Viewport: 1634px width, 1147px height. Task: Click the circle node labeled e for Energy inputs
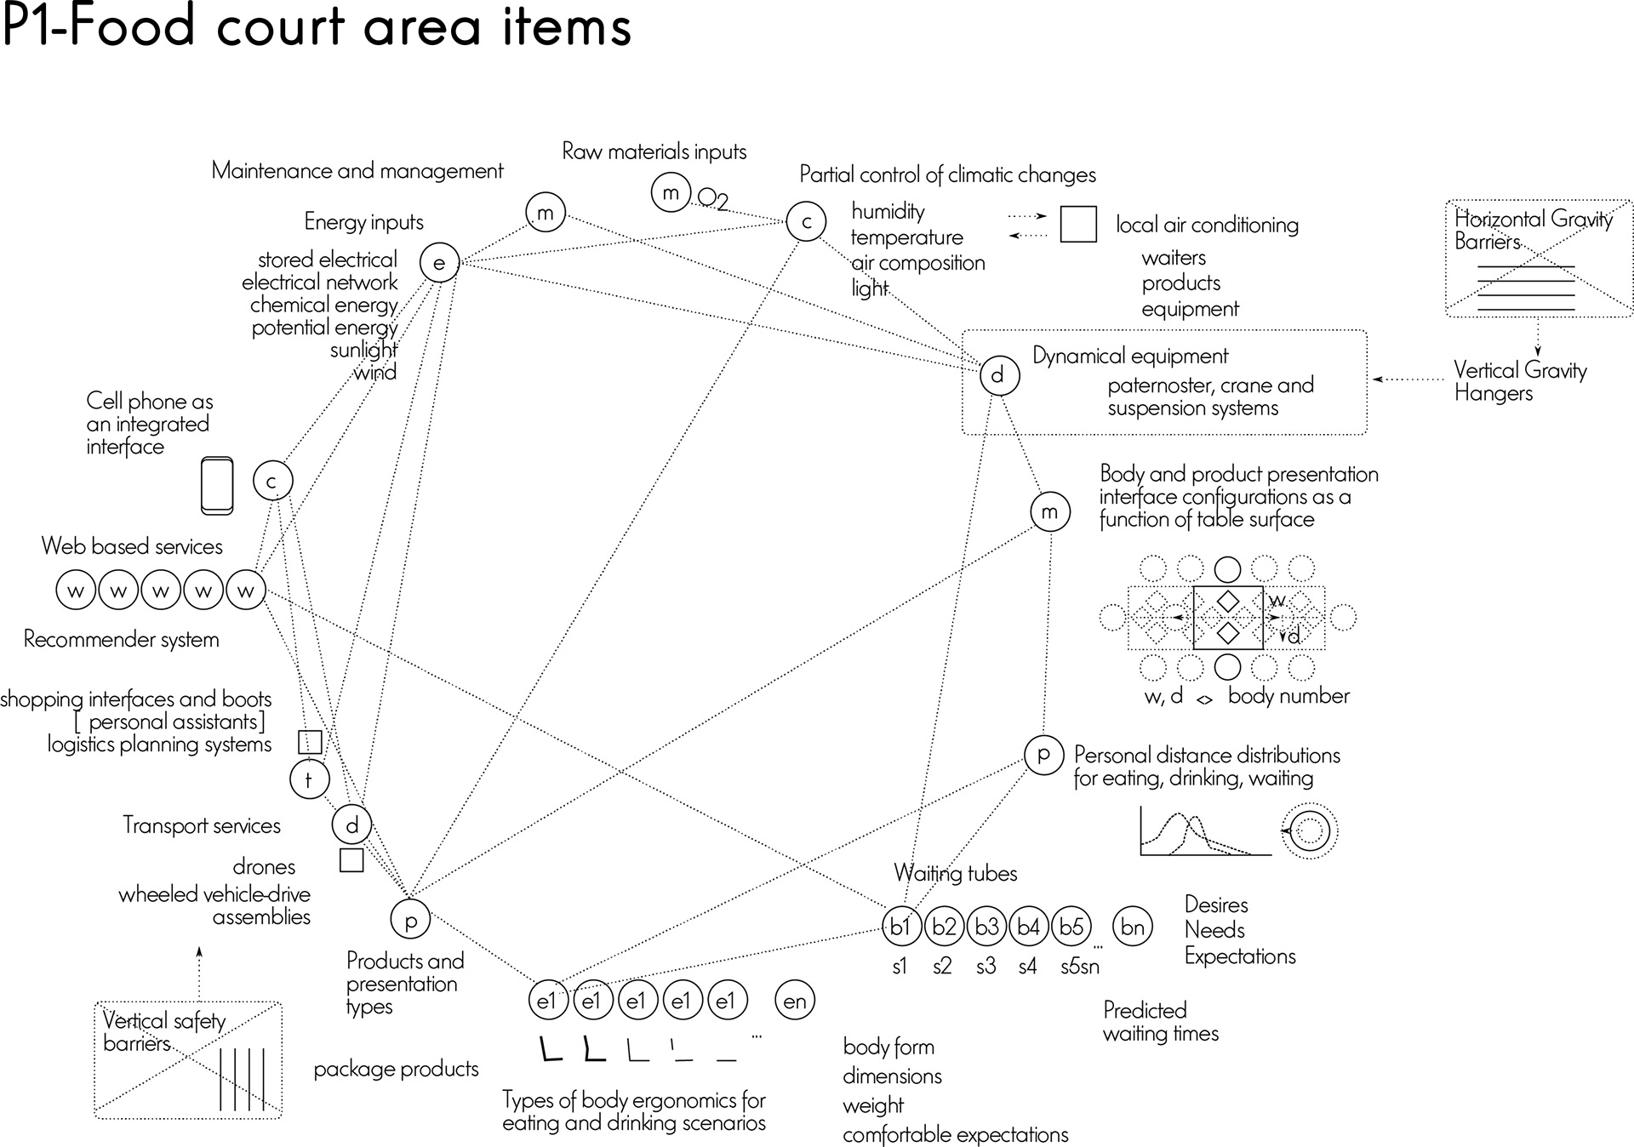pos(439,263)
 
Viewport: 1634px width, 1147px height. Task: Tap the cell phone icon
pos(217,486)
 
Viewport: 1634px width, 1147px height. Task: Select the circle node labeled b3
pos(986,926)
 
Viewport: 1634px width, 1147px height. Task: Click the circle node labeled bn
pos(1132,926)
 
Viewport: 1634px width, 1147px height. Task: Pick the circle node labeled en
pos(795,1001)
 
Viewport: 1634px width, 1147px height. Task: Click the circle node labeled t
pos(309,779)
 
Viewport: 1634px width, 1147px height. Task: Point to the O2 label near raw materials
pos(713,200)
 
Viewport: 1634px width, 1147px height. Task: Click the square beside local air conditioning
pos(1077,225)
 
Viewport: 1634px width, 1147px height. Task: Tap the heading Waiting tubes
pos(955,873)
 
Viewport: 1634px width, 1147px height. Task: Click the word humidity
pos(888,211)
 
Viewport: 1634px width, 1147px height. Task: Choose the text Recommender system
pos(121,639)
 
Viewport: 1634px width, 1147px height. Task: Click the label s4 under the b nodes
pos(1027,967)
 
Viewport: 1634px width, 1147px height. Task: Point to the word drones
pos(264,867)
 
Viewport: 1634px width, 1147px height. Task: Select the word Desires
pos(1216,904)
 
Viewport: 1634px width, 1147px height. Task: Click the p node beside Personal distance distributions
pos(1043,754)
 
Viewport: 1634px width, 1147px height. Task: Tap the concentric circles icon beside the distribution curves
pos(1310,830)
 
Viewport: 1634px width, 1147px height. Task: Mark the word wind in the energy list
pos(375,372)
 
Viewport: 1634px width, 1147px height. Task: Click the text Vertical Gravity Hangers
pos(1520,381)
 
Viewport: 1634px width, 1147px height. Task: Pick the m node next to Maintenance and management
pos(546,213)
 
